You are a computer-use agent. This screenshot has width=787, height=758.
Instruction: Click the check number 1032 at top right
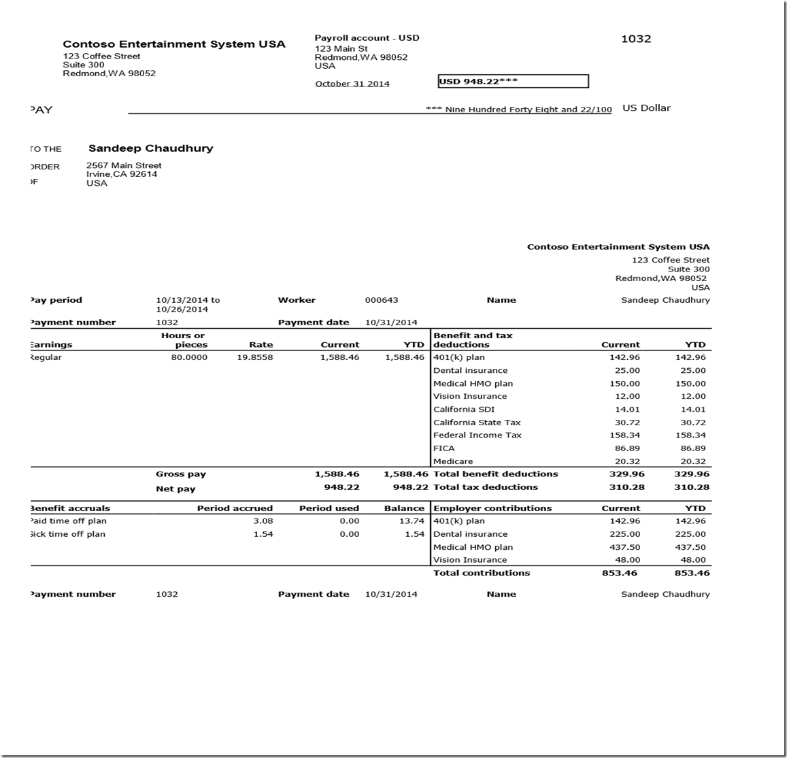coord(636,39)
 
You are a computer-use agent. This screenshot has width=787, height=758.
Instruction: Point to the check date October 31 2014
coord(352,84)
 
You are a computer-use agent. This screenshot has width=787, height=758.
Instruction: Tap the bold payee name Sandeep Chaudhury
coord(150,148)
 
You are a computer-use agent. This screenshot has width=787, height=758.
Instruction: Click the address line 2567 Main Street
coord(124,165)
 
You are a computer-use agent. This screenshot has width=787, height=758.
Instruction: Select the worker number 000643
coord(382,300)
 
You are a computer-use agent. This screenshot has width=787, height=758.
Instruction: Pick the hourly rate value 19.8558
coord(255,357)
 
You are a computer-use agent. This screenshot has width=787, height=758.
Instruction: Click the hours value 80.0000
coord(189,357)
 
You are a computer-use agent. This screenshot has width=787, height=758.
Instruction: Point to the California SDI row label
coord(464,410)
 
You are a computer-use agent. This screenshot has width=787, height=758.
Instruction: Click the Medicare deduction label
coord(453,461)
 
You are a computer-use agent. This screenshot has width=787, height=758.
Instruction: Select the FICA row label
coord(444,448)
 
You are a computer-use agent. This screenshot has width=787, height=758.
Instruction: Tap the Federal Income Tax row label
coord(478,435)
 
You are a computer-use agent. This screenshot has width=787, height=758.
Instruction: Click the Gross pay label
coord(181,474)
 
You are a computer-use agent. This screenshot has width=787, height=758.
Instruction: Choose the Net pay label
coord(175,489)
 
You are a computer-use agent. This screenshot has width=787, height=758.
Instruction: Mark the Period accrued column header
coord(235,508)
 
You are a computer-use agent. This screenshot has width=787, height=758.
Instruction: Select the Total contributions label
coord(482,573)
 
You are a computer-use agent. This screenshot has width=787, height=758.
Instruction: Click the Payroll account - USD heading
coord(367,38)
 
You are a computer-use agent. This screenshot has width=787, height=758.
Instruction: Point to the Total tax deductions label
coord(486,487)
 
